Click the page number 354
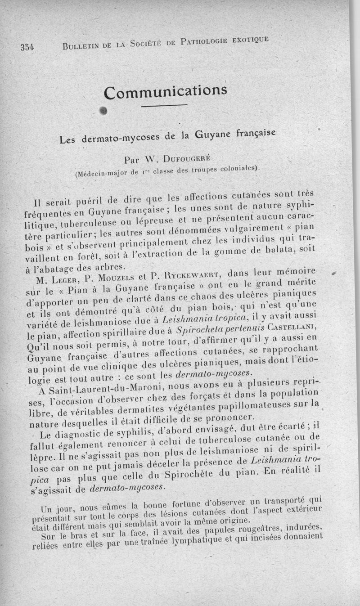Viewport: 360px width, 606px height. (x=27, y=47)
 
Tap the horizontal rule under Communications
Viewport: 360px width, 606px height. (x=164, y=106)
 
